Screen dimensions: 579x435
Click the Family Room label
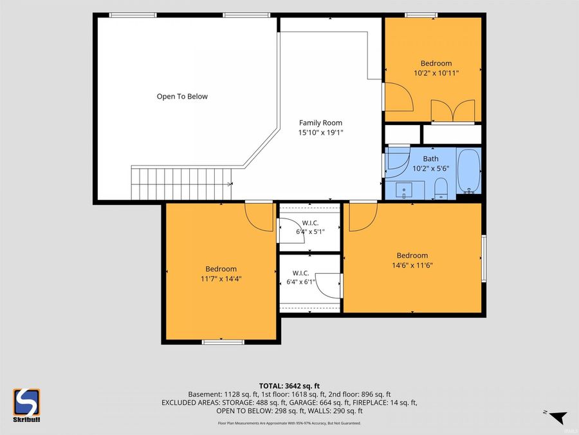click(x=320, y=123)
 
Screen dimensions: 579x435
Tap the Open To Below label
click(x=182, y=97)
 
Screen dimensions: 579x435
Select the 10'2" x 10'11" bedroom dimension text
click(x=436, y=73)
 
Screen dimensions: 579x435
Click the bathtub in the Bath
click(x=468, y=171)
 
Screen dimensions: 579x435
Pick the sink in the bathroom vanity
click(x=405, y=190)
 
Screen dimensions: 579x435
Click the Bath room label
click(x=430, y=159)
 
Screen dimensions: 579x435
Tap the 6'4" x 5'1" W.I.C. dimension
click(x=310, y=232)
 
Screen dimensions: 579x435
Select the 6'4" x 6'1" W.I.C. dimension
click(x=300, y=282)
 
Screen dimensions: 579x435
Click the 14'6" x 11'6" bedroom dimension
click(x=412, y=266)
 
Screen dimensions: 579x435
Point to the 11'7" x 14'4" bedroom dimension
click(x=221, y=279)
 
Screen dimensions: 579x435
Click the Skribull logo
click(x=26, y=405)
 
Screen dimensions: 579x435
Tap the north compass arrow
click(x=558, y=417)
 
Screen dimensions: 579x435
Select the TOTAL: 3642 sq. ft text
click(x=289, y=386)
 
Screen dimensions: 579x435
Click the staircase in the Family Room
click(x=181, y=184)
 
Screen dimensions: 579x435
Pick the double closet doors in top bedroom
click(x=453, y=111)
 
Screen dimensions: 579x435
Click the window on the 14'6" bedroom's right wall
click(x=484, y=258)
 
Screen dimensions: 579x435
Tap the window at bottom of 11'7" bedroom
click(x=223, y=342)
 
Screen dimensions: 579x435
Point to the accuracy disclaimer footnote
click(x=289, y=423)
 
